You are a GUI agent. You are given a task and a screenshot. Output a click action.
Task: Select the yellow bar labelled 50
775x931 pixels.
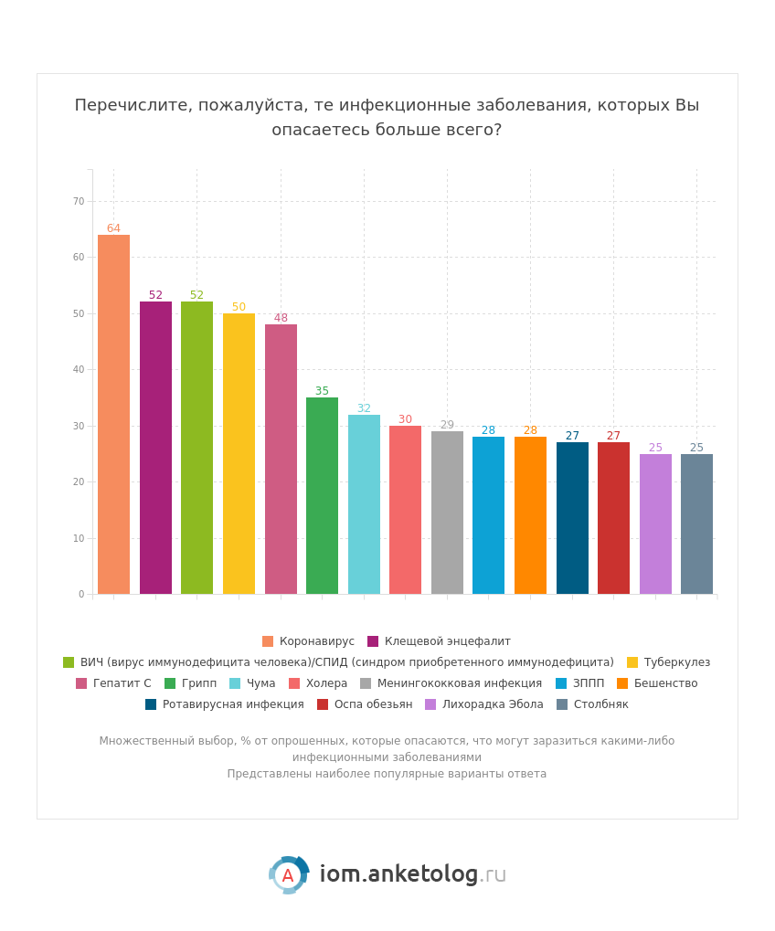tap(239, 453)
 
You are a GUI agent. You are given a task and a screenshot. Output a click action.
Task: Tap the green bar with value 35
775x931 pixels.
tap(322, 495)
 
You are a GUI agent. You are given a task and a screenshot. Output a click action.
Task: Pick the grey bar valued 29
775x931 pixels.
tap(447, 513)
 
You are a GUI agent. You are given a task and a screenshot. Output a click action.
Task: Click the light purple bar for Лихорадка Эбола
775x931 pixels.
tap(655, 524)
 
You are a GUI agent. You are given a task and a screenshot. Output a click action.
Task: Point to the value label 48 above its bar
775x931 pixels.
tap(281, 318)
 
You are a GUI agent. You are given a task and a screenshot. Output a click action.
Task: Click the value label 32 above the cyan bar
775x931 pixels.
tap(364, 408)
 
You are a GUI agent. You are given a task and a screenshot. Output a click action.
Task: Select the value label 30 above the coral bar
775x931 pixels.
tap(405, 419)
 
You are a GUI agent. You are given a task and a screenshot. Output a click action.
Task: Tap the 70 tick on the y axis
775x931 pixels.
tap(79, 201)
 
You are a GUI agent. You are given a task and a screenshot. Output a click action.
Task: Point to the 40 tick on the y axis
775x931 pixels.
tap(79, 369)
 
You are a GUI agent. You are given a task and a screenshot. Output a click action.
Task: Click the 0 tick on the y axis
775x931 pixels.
tap(81, 594)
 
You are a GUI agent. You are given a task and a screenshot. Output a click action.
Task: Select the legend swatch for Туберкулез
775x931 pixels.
tap(632, 662)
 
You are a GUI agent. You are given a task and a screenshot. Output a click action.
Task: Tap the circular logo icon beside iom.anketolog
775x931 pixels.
tap(288, 875)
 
